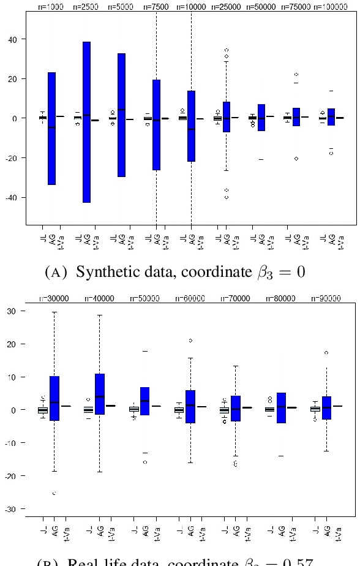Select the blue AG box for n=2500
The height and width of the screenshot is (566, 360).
click(87, 122)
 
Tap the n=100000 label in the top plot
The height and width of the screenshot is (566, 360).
click(334, 7)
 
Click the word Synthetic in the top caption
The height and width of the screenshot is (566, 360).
click(105, 271)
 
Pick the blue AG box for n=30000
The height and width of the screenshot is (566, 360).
click(54, 398)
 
